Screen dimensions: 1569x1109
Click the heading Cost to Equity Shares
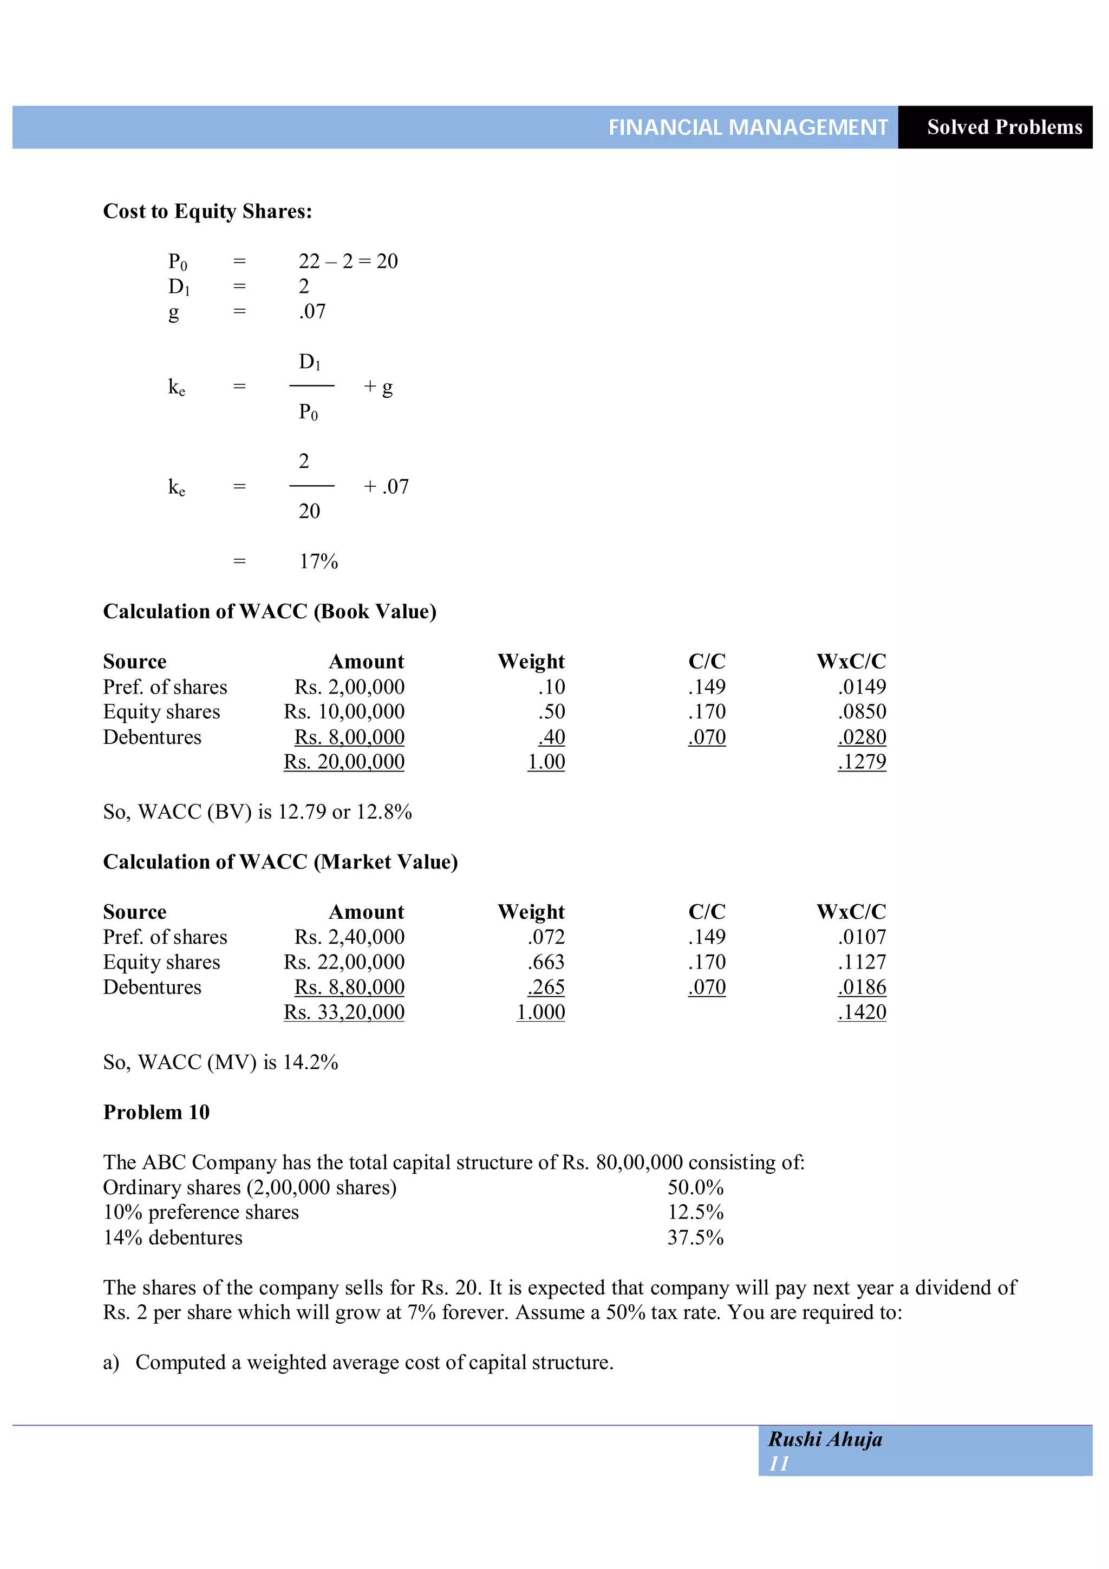[207, 211]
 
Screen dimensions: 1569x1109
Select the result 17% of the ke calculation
[318, 562]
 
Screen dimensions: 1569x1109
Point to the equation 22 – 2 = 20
[348, 261]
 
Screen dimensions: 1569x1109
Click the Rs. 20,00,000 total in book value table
[344, 762]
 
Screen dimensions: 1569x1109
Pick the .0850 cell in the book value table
[862, 712]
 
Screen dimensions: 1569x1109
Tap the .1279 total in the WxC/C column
[862, 762]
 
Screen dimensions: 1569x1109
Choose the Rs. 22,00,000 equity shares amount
[344, 962]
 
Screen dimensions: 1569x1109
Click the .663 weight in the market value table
[545, 962]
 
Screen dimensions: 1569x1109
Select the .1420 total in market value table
[862, 1012]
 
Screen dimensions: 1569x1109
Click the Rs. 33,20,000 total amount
[344, 1012]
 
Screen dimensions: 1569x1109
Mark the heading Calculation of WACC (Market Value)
[280, 862]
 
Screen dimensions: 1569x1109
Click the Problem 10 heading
[156, 1113]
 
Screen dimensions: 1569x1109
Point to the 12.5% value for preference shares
[695, 1212]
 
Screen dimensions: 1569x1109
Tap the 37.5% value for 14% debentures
[695, 1238]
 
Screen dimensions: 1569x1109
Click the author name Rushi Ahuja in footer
[825, 1440]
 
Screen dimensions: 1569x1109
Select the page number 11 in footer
[779, 1464]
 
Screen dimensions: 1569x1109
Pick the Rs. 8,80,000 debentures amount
[349, 988]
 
